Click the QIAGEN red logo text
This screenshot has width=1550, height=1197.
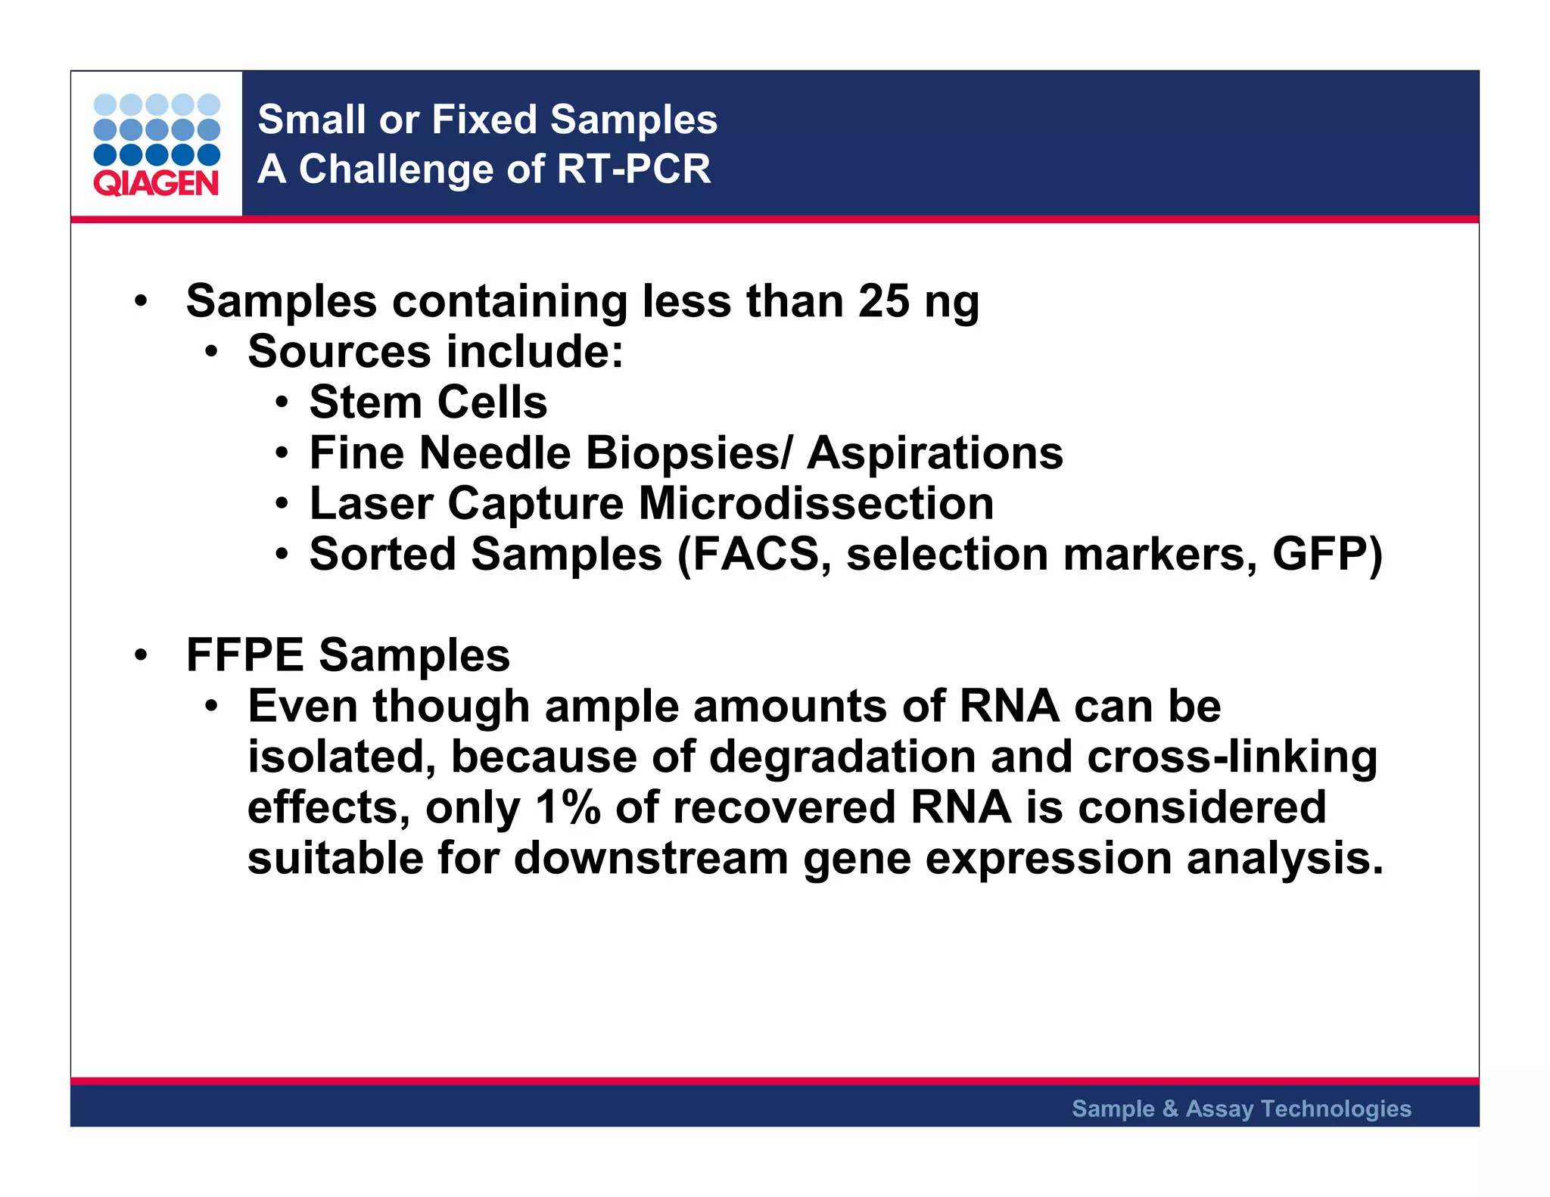tap(156, 183)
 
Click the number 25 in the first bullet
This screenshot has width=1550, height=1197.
tap(883, 301)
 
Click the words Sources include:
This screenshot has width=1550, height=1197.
tap(435, 352)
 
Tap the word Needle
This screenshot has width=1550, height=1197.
tap(494, 453)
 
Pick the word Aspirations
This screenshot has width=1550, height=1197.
tap(935, 454)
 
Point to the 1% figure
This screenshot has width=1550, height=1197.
tap(568, 807)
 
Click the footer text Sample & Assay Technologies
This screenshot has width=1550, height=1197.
tap(1241, 1108)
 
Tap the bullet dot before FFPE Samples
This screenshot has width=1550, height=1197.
tap(141, 655)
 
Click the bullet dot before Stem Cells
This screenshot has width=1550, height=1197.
tap(282, 403)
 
